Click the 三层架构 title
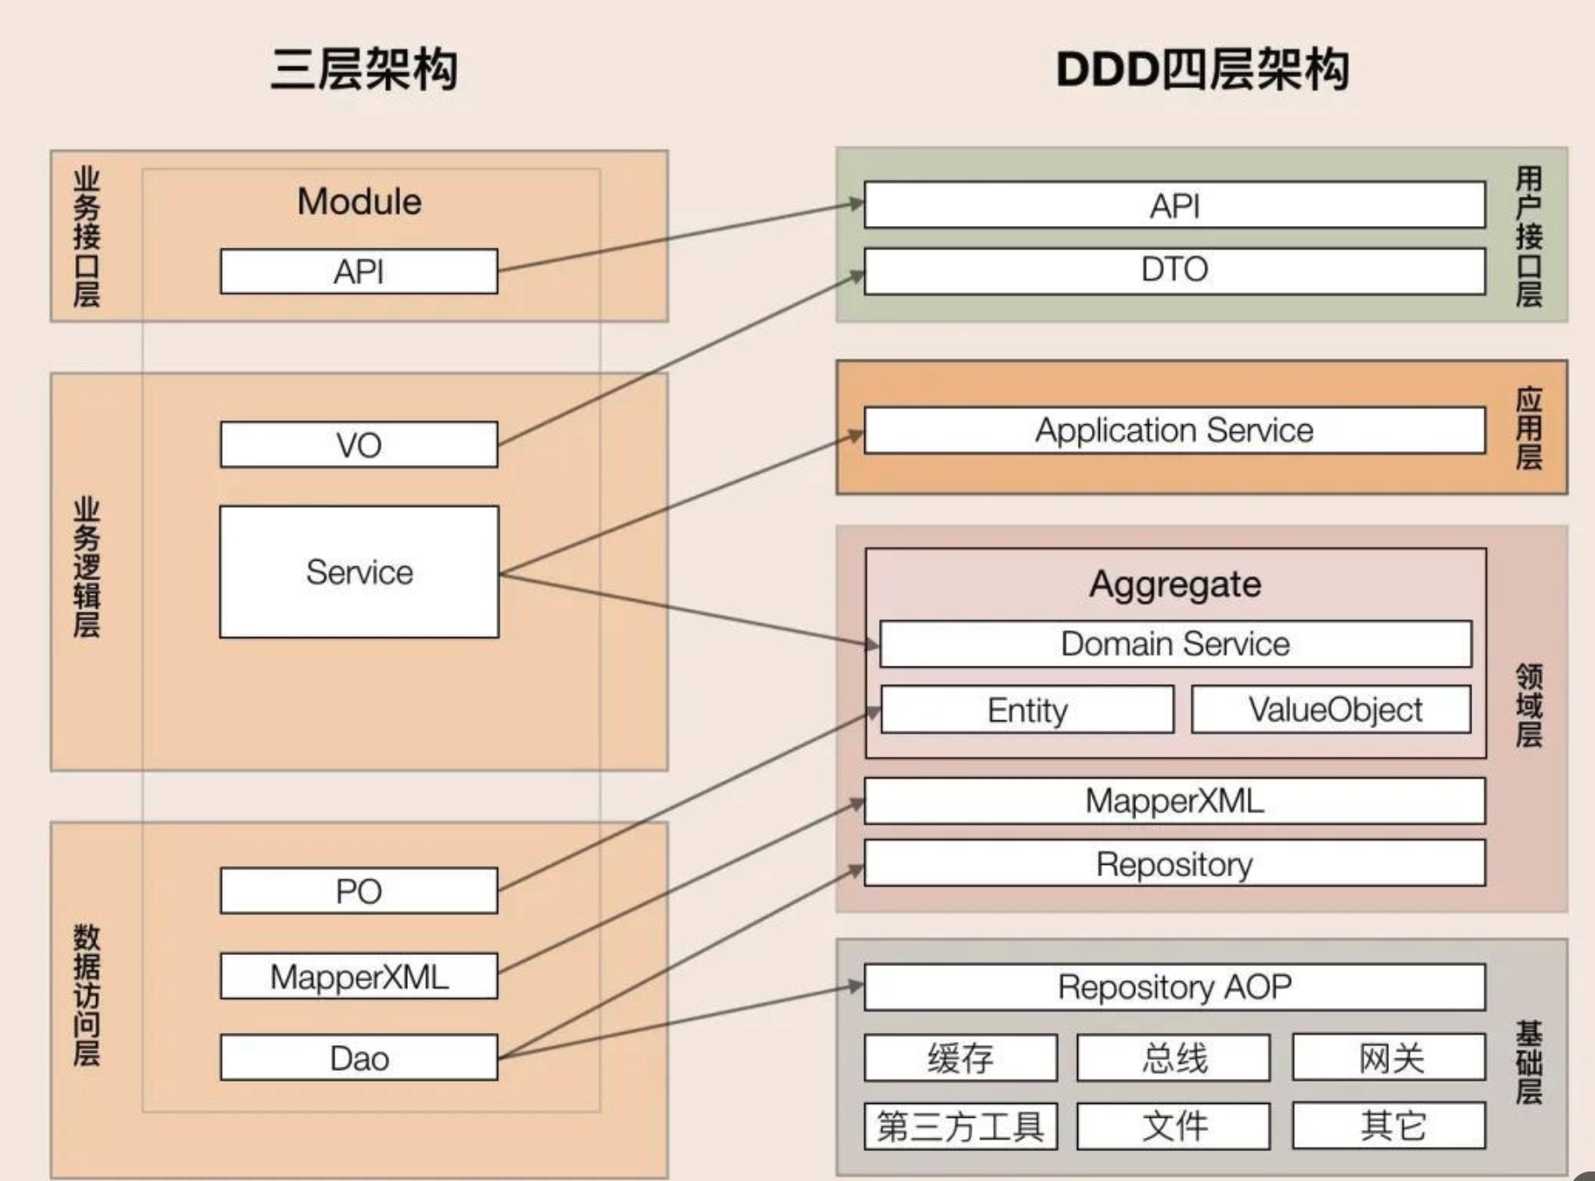tap(364, 69)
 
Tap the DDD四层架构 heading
tap(1202, 69)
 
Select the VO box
tap(358, 445)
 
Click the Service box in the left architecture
tap(358, 572)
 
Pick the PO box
tap(358, 891)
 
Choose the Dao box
tap(358, 1058)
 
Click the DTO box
tap(1174, 270)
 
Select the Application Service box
tap(1174, 430)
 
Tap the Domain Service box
tap(1175, 644)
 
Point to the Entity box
tap(1027, 710)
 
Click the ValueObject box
tap(1331, 710)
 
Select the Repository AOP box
tap(1174, 987)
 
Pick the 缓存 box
tap(960, 1058)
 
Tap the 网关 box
tap(1389, 1058)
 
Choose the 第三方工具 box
tap(960, 1126)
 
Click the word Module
tap(358, 202)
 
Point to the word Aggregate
tap(1175, 584)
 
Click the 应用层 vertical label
tap(1528, 428)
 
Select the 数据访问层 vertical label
tap(87, 995)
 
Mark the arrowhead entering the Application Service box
tap(856, 435)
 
